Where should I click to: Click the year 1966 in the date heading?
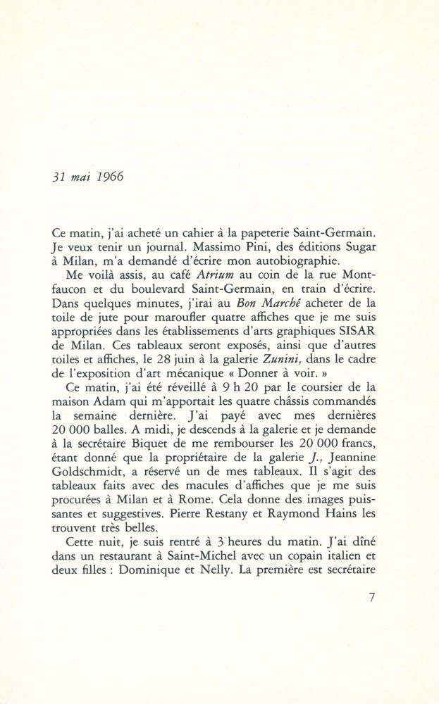click(x=110, y=177)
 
